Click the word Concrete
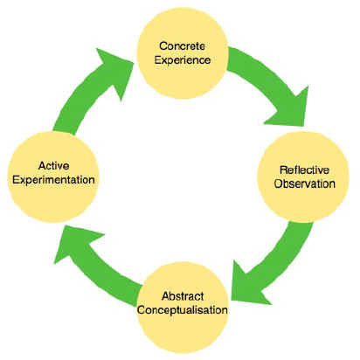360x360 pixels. pyautogui.click(x=182, y=46)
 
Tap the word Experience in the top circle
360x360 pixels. pyautogui.click(x=183, y=60)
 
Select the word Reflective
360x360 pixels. pyautogui.click(x=304, y=170)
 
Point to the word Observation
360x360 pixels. pyautogui.click(x=305, y=183)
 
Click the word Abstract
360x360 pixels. pyautogui.click(x=183, y=296)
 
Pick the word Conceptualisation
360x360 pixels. pyautogui.click(x=183, y=310)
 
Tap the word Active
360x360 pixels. pyautogui.click(x=54, y=166)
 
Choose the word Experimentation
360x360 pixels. pyautogui.click(x=53, y=180)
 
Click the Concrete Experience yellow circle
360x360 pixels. pyautogui.click(x=183, y=52)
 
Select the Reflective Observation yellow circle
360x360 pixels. pyautogui.click(x=303, y=177)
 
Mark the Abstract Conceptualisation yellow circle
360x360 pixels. pyautogui.click(x=183, y=308)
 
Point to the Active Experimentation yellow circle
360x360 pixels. pyautogui.click(x=53, y=177)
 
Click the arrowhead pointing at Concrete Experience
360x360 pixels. pyautogui.click(x=116, y=70)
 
